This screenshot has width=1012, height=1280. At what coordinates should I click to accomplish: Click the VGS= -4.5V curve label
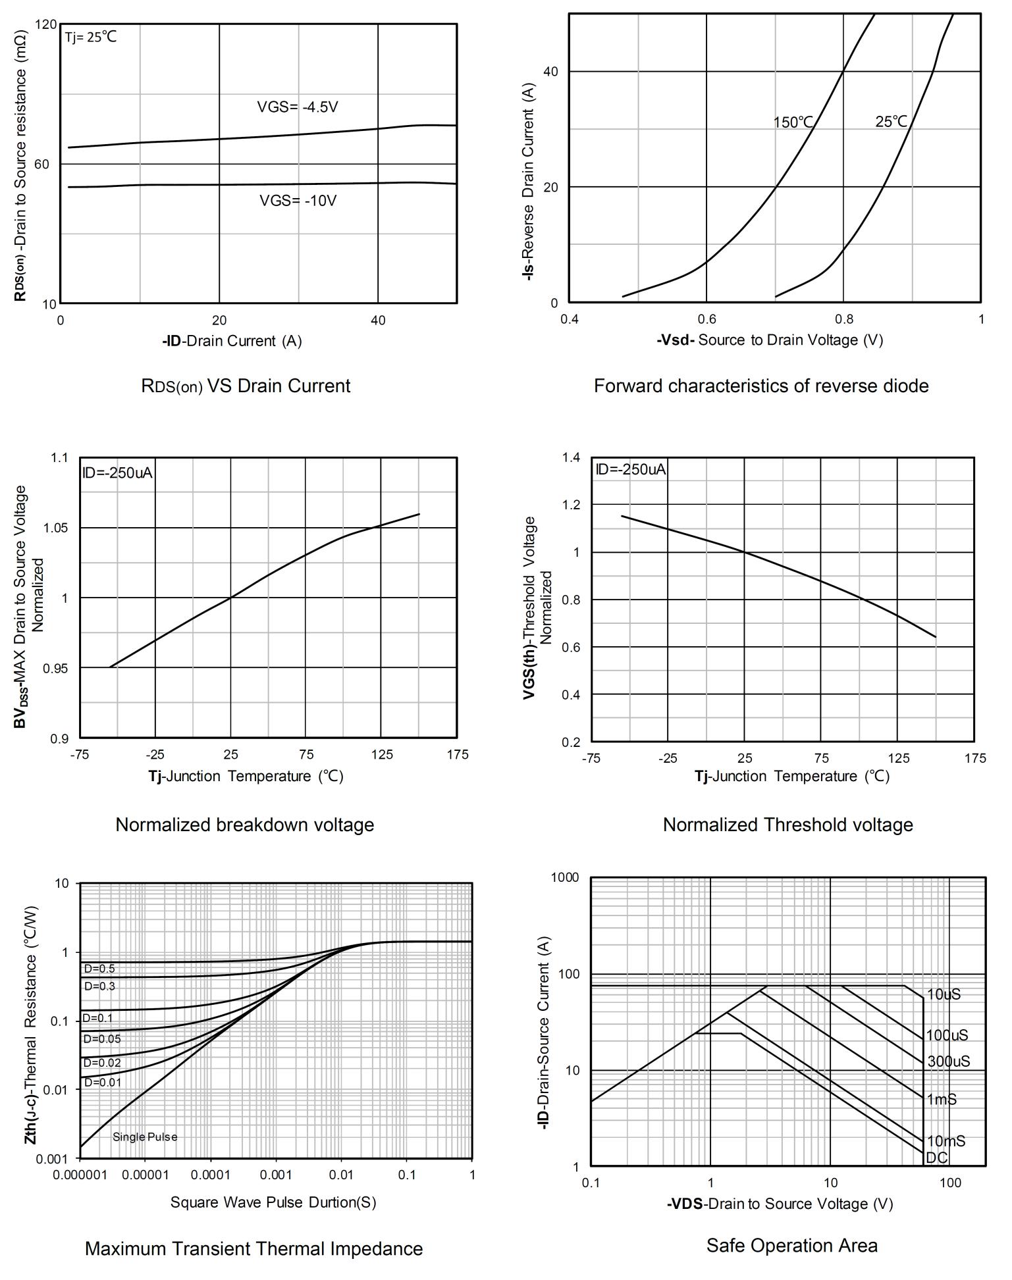297,107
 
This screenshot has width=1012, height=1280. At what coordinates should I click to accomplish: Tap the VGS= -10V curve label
298,201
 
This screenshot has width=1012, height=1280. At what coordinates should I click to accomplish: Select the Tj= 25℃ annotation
91,37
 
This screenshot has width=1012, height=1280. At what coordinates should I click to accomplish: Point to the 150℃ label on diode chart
793,122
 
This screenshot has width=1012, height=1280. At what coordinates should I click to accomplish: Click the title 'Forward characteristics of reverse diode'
760,386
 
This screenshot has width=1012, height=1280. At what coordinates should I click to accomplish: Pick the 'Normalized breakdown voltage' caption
244,825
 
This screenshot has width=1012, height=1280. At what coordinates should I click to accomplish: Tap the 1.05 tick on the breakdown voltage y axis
55,528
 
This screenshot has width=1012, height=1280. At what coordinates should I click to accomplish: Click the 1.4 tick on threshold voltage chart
571,457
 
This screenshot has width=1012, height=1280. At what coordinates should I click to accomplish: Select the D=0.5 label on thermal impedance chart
99,969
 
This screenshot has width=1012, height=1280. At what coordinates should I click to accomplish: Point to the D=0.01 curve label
101,1082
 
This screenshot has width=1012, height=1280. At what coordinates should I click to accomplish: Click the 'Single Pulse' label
145,1137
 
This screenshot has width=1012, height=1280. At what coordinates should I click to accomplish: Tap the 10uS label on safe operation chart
943,994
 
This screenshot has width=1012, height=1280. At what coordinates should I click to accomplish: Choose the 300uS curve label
948,1062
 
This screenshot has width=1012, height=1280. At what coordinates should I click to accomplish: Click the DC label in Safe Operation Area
936,1158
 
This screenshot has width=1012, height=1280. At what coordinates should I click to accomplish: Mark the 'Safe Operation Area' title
791,1245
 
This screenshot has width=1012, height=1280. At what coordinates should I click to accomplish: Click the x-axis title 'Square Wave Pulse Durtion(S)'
273,1202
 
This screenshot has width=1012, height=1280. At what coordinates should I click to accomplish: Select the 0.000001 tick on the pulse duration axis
80,1175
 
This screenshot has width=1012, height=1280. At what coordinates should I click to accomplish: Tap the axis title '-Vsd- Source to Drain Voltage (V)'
769,340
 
